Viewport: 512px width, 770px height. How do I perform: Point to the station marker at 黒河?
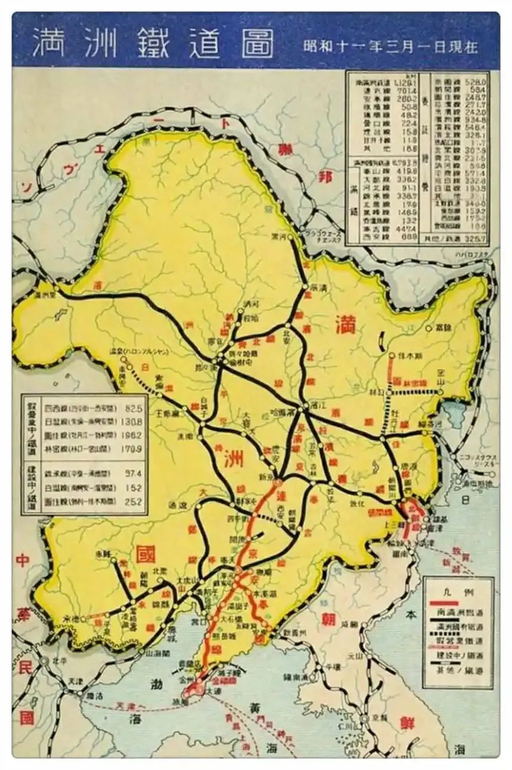point(291,237)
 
